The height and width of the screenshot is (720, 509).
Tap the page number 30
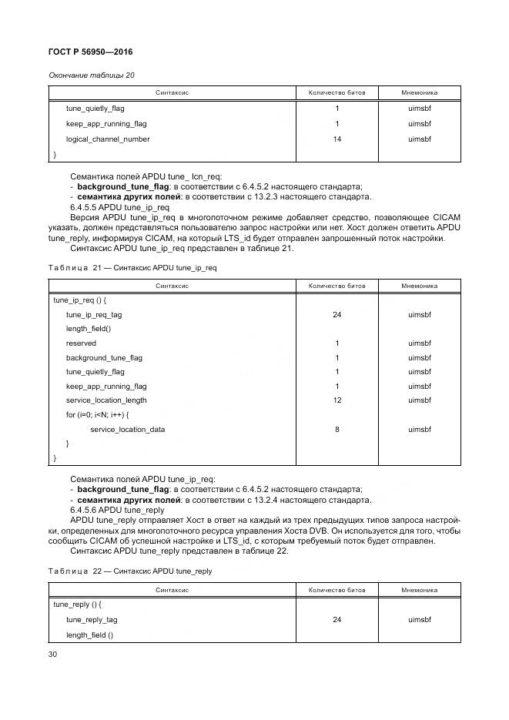54,654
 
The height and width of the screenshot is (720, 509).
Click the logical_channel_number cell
108,139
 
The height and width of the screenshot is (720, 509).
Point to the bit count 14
337,139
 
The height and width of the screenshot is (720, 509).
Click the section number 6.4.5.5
85,208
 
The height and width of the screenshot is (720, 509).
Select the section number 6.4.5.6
85,510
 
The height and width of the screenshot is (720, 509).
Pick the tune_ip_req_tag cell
94,315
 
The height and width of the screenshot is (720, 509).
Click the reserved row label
81,343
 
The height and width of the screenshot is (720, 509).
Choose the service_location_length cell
106,400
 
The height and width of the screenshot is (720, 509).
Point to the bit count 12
337,400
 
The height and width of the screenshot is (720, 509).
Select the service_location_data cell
127,429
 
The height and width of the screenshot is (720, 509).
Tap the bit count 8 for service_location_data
337,429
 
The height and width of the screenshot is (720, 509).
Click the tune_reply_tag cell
92,619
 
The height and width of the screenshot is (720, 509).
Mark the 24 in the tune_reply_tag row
337,619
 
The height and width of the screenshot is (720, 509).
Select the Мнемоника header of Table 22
419,589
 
